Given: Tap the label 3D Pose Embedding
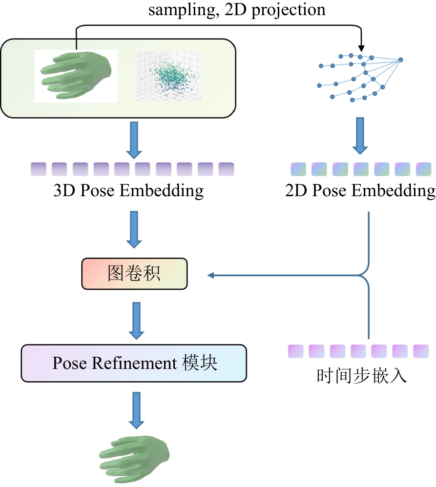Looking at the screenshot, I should pyautogui.click(x=128, y=191).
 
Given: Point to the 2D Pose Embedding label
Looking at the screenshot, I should pyautogui.click(x=360, y=191).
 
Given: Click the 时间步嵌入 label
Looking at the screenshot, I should pyautogui.click(x=361, y=376).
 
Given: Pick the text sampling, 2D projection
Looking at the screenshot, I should pyautogui.click(x=237, y=10).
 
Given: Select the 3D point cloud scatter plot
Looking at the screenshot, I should pyautogui.click(x=168, y=76).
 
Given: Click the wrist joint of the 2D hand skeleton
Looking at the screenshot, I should pyautogui.click(x=401, y=60).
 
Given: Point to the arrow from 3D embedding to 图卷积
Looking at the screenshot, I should pyautogui.click(x=134, y=229).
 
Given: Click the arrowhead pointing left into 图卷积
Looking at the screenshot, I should pyautogui.click(x=211, y=276).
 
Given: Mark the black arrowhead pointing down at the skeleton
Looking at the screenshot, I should pyautogui.click(x=361, y=48).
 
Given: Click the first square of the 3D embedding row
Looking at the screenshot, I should pyautogui.click(x=38, y=169).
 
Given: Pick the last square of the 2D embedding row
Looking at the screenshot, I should pyautogui.click(x=423, y=169).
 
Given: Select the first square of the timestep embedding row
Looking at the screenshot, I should pyautogui.click(x=295, y=351).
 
